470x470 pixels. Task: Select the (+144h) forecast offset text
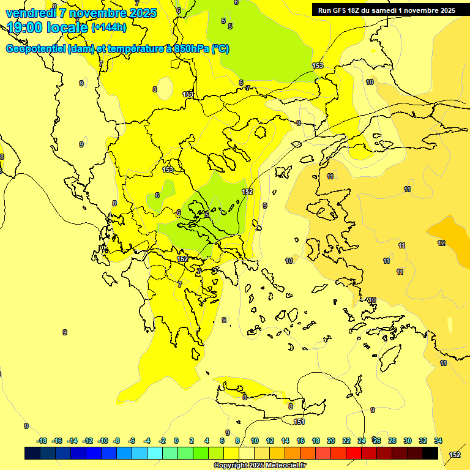[109, 28]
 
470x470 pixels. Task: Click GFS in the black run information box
[338, 10]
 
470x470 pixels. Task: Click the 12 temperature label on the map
[441, 243]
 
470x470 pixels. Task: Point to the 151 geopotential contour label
[299, 422]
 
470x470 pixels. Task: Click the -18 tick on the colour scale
[42, 441]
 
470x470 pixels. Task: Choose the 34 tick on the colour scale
[438, 441]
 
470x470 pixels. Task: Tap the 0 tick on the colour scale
[176, 441]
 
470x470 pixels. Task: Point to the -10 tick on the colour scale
[103, 441]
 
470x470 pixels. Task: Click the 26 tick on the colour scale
[377, 441]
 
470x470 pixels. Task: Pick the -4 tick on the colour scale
[147, 441]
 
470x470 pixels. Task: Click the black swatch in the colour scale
[430, 453]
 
